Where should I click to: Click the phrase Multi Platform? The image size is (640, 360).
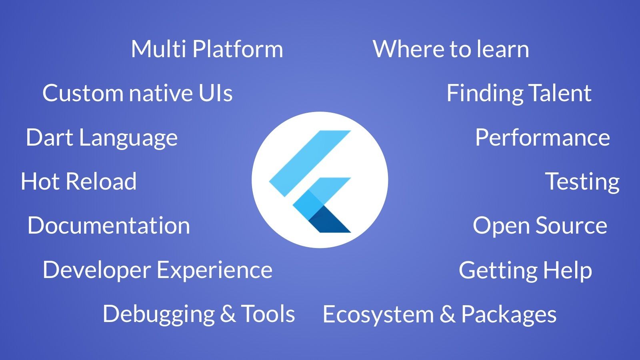point(207,49)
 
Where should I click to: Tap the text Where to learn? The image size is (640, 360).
point(451,49)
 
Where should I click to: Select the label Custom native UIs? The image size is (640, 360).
point(138,93)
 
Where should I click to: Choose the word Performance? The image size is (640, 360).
point(542,138)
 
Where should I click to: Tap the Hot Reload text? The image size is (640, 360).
point(78,181)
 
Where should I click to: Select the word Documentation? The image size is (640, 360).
point(108,226)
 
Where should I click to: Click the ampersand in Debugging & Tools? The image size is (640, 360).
point(228,314)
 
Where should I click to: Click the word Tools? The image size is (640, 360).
point(268,314)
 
